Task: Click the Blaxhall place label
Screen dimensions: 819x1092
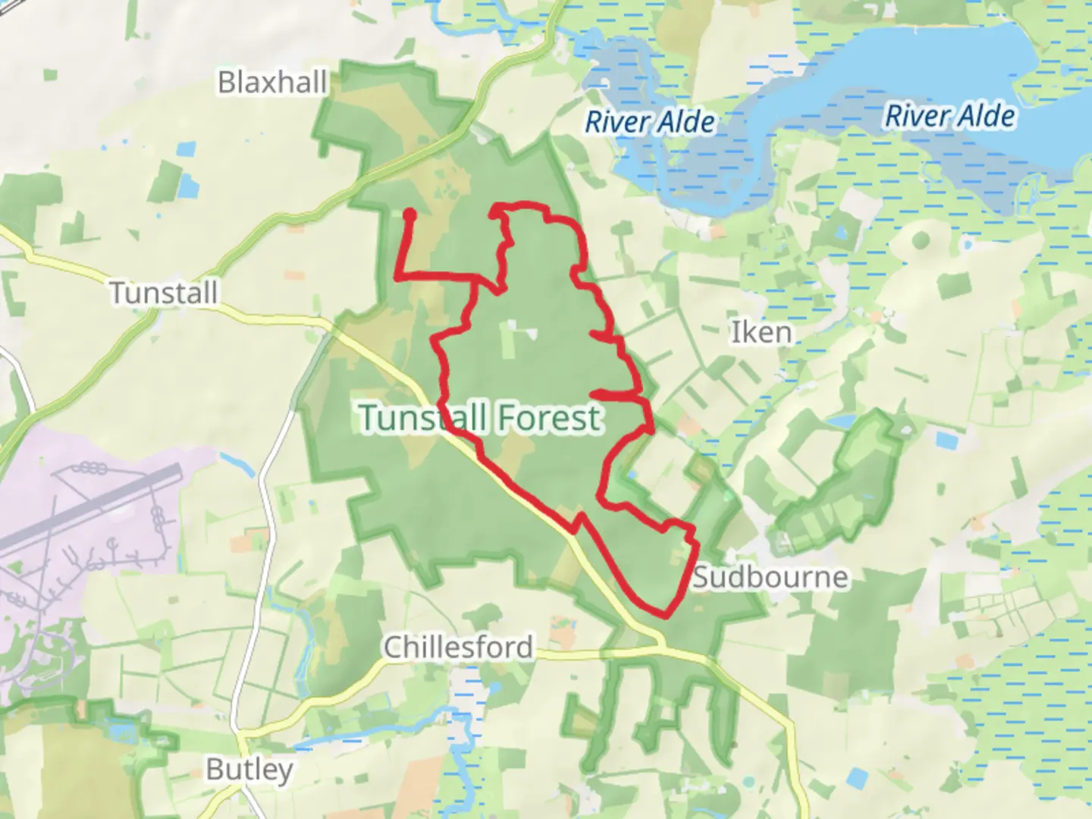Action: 272,82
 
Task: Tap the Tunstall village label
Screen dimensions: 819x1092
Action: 164,293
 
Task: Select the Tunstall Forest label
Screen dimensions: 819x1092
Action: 481,418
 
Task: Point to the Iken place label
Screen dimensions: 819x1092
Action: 761,332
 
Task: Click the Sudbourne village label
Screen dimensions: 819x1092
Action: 770,577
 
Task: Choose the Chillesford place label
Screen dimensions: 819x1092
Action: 458,647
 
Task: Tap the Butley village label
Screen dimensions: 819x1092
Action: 249,769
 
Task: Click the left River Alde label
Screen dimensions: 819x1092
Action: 650,122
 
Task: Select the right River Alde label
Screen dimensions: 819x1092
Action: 949,116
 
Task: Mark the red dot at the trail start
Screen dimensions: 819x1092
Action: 409,215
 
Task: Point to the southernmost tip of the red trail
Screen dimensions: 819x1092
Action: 665,616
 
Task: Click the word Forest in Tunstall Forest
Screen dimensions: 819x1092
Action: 549,418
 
